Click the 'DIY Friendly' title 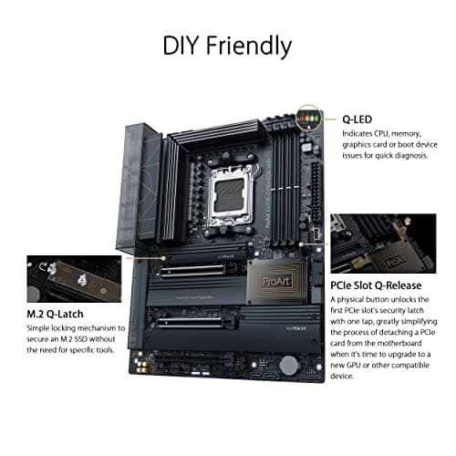227,45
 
